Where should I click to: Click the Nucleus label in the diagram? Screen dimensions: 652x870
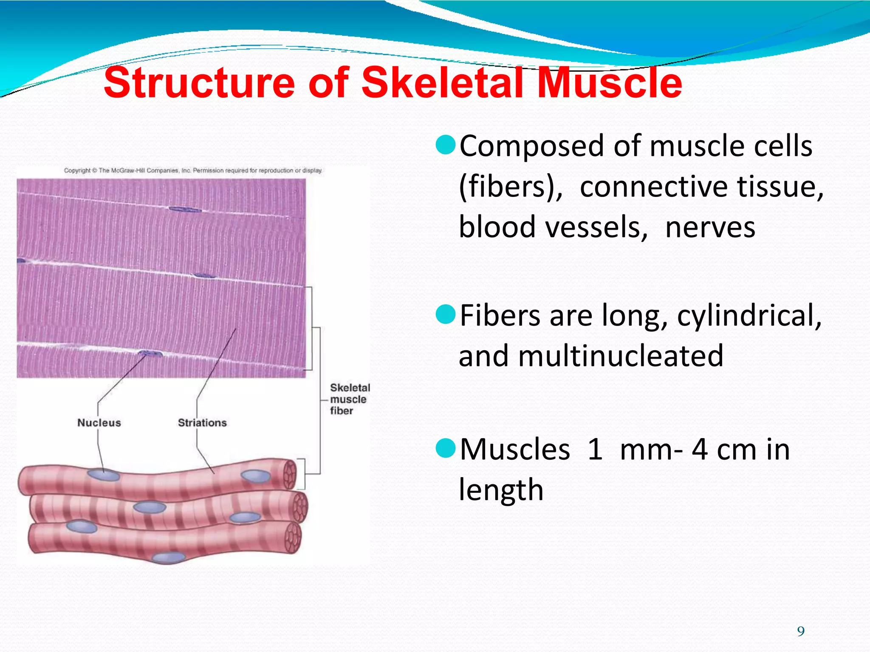99,423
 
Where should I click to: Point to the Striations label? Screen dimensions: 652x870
202,423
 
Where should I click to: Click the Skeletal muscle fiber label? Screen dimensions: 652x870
349,399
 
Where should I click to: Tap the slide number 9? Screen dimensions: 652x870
801,632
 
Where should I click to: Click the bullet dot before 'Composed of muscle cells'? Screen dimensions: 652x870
446,145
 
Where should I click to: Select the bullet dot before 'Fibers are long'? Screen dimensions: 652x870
446,314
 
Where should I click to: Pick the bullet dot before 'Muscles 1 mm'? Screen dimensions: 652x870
446,448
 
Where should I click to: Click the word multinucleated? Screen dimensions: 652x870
620,356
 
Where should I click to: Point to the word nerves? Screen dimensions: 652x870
710,228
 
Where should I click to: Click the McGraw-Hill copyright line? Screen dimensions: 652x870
193,171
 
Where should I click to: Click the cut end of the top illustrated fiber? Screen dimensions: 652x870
290,474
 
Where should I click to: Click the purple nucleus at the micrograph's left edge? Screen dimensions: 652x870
20,261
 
